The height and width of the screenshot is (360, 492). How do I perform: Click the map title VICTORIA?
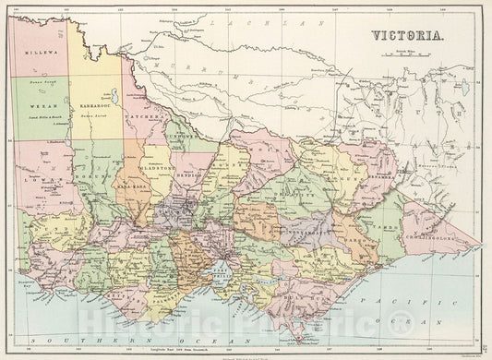[x=407, y=38]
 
